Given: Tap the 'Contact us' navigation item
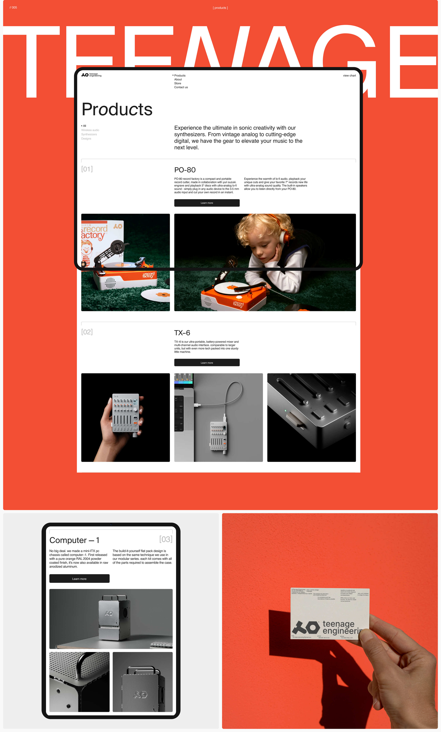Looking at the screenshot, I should pyautogui.click(x=181, y=87).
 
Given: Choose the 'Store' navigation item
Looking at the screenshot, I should pyautogui.click(x=178, y=83).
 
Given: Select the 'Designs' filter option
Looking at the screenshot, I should pyautogui.click(x=86, y=139).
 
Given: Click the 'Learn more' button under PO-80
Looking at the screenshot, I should pyautogui.click(x=207, y=203).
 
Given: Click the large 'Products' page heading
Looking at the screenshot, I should pyautogui.click(x=117, y=109).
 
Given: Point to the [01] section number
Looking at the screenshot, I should pyautogui.click(x=87, y=169).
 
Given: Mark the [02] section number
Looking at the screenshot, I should pyautogui.click(x=87, y=332).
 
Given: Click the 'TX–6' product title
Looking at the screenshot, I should pyautogui.click(x=182, y=333).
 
